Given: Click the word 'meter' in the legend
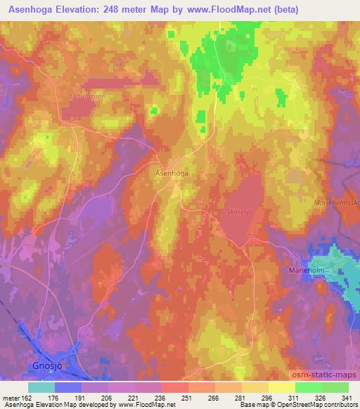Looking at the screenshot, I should [x=11, y=397].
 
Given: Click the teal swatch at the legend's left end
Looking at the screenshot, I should [x=41, y=387].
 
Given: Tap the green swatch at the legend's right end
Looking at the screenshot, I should [x=335, y=387].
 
